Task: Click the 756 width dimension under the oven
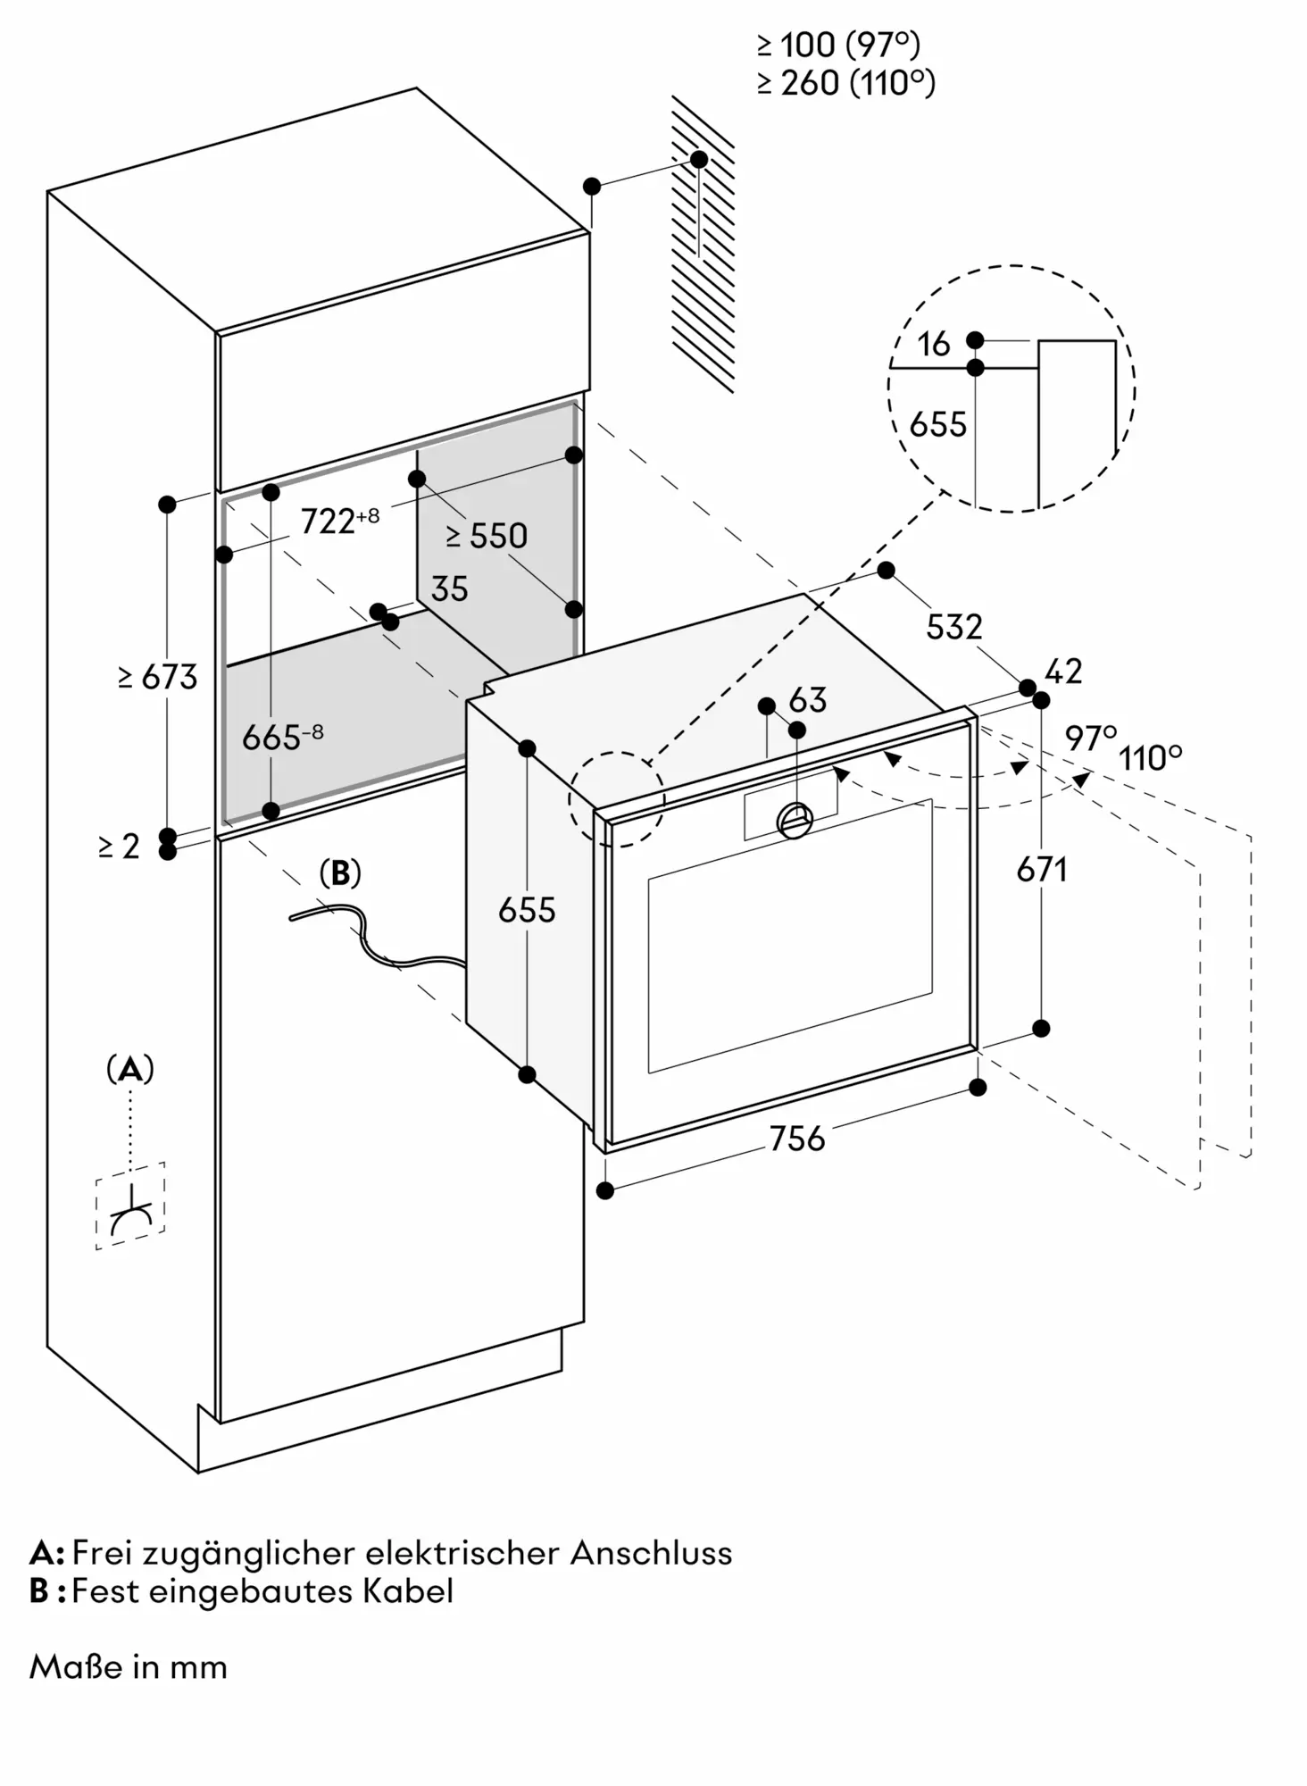tap(797, 1139)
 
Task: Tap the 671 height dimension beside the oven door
tap(1042, 869)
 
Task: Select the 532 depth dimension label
tap(953, 627)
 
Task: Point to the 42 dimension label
tap(1062, 672)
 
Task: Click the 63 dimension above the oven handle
tap(807, 700)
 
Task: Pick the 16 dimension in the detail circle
tap(934, 344)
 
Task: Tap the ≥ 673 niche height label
tap(157, 677)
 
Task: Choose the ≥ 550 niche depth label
tap(487, 536)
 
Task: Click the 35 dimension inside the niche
tap(449, 589)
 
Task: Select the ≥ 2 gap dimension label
tap(119, 847)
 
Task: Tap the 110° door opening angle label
tap(1151, 758)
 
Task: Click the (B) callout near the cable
tap(340, 873)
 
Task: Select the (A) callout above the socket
tap(130, 1068)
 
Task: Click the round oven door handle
tap(795, 820)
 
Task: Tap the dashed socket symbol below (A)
tap(130, 1206)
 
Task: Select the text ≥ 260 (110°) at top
tap(846, 83)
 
